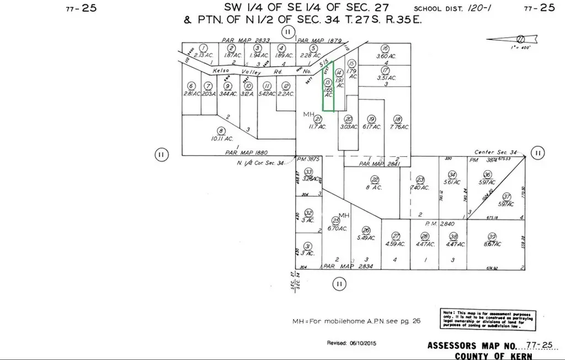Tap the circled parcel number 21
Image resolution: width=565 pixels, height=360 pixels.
(x=318, y=119)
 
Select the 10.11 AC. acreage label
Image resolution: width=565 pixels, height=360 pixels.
(x=221, y=138)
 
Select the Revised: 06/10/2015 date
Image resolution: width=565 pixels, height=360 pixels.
(x=354, y=342)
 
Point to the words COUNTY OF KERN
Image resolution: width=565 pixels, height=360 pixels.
(x=490, y=356)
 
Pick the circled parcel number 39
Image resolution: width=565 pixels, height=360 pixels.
(x=493, y=236)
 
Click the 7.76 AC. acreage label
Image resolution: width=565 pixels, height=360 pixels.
(x=398, y=127)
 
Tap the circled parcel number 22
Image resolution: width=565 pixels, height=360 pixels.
(x=375, y=179)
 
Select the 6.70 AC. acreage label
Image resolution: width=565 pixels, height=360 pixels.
(x=337, y=229)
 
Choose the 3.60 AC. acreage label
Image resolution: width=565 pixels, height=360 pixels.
(x=386, y=56)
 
